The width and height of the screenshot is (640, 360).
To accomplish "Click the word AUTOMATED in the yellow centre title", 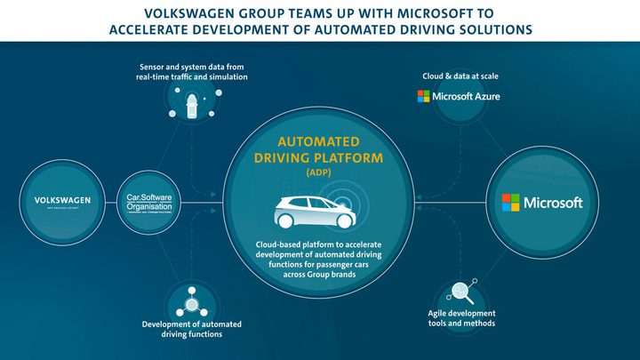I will (318, 141).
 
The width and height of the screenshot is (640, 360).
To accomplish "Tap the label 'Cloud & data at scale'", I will (460, 76).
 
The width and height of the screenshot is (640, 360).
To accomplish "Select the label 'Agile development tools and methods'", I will (461, 318).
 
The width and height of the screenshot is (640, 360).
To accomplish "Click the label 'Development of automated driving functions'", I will (192, 329).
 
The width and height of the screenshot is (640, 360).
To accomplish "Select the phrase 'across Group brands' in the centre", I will (319, 276).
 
